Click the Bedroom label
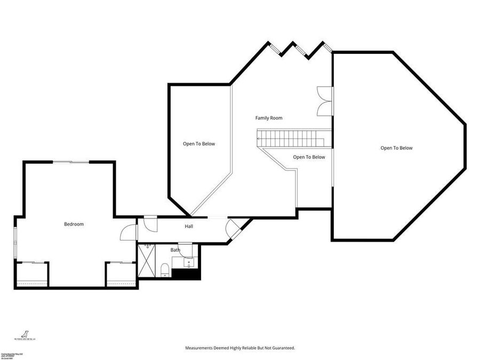point(74,225)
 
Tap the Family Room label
point(268,118)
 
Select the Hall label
point(189,227)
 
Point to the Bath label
point(175,250)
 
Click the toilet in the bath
point(165,269)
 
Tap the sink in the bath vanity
point(189,262)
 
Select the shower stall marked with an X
point(148,260)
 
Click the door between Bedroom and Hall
point(129,231)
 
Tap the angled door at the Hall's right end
point(233,229)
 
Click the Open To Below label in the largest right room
point(396,148)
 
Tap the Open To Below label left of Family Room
point(199,144)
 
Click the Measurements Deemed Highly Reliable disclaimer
point(240,348)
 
